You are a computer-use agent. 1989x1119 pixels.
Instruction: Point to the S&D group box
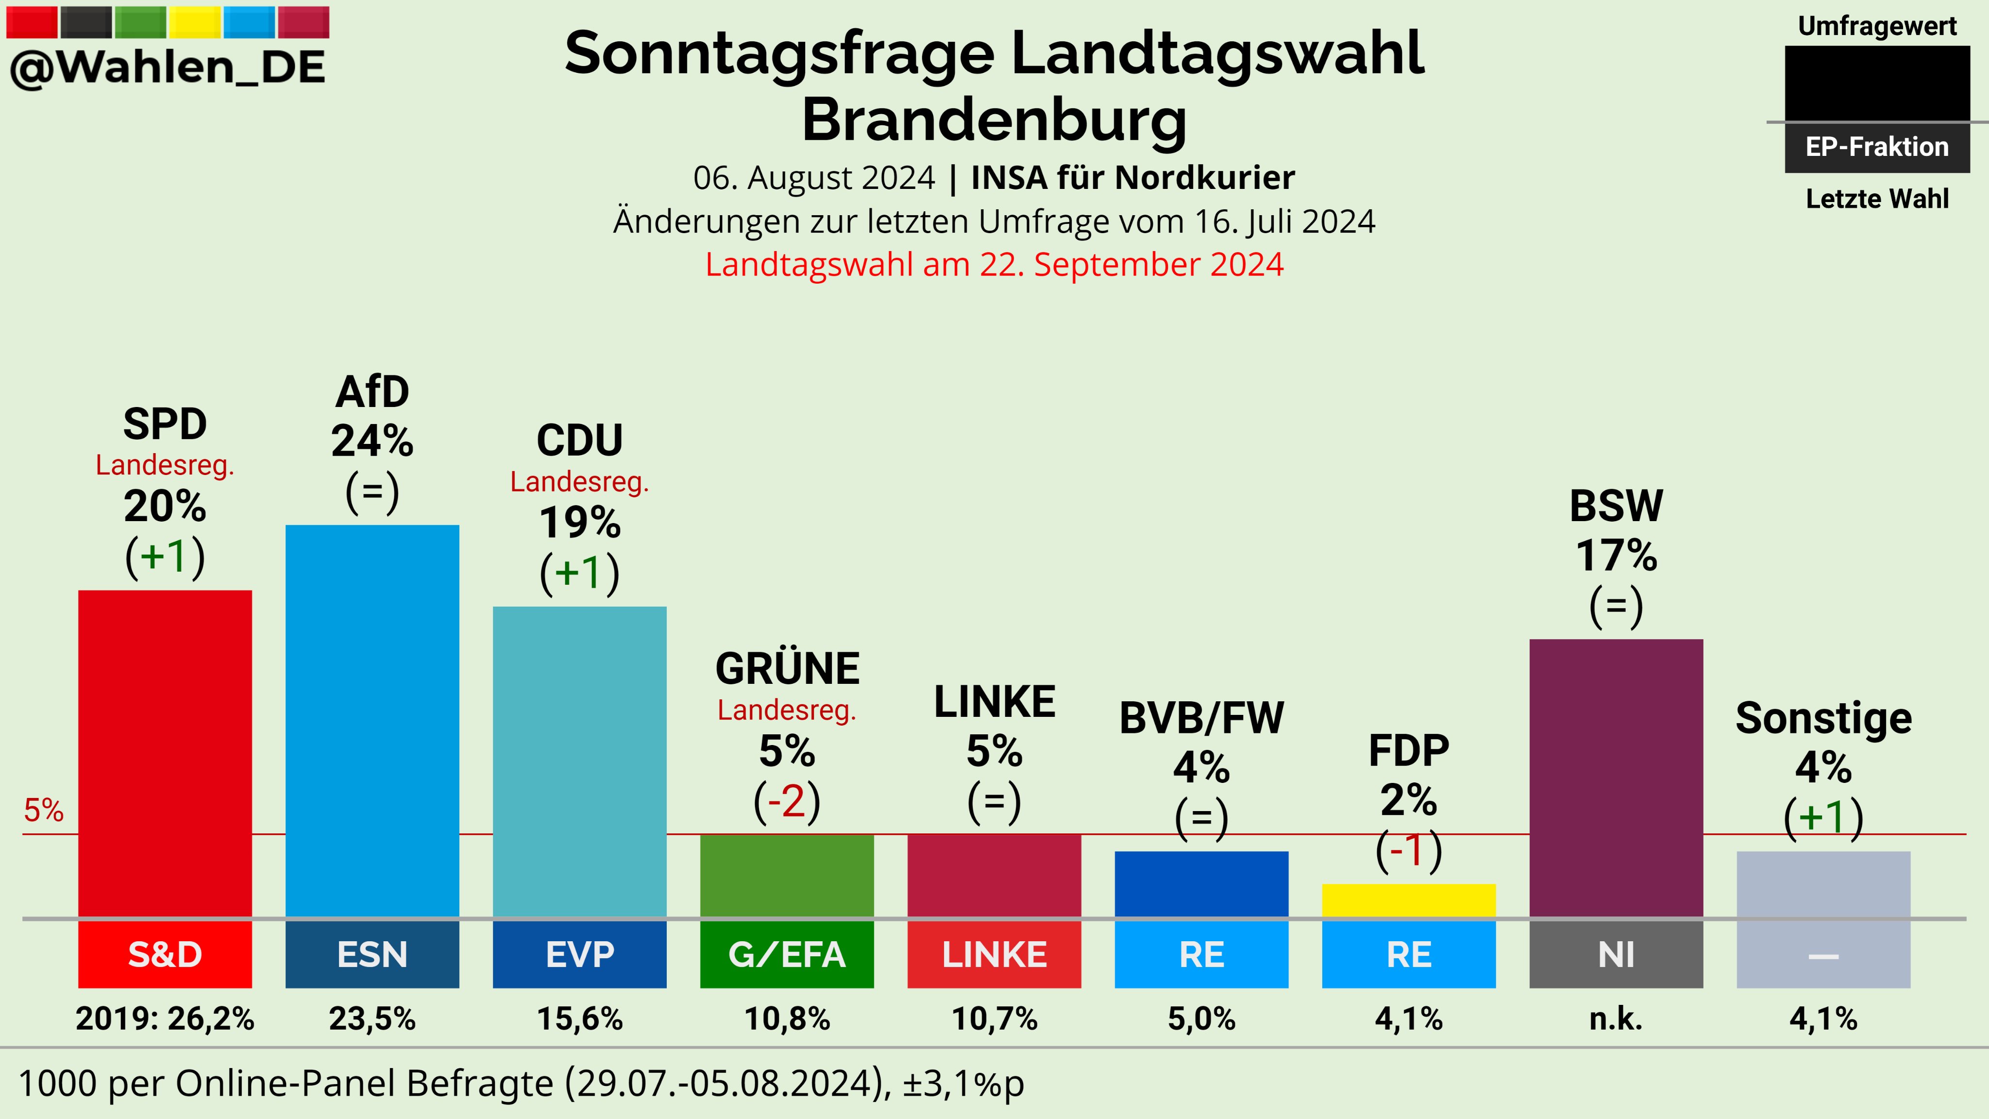click(165, 954)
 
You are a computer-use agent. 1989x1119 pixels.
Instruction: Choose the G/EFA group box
click(787, 954)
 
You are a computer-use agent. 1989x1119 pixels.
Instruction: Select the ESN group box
click(372, 954)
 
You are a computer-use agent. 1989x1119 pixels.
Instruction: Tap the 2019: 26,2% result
click(165, 1019)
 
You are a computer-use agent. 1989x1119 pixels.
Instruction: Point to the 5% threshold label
click(43, 810)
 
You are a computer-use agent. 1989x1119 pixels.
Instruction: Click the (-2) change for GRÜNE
click(787, 801)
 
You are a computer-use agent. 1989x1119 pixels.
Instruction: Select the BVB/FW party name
click(1201, 718)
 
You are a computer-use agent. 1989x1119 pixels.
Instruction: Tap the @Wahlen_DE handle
click(168, 67)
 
